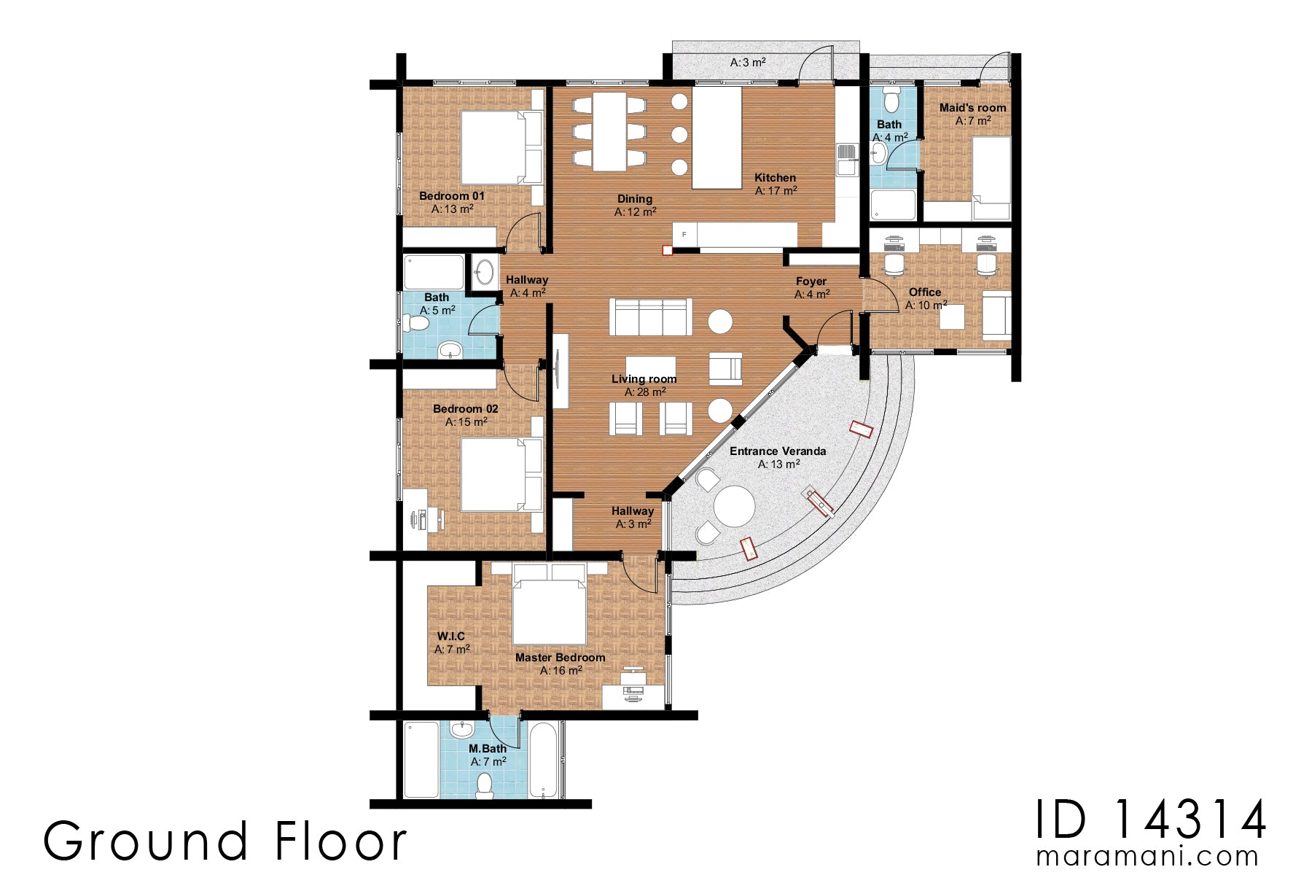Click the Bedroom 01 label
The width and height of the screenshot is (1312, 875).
pyautogui.click(x=452, y=195)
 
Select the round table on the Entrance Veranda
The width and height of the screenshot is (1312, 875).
pyautogui.click(x=734, y=506)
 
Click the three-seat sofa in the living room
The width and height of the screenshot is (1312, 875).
pyautogui.click(x=650, y=316)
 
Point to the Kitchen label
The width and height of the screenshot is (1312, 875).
pyautogui.click(x=775, y=177)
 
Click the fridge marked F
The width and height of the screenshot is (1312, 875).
pyautogui.click(x=684, y=235)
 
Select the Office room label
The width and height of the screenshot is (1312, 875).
pyautogui.click(x=924, y=292)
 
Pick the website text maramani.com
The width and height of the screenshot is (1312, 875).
pyautogui.click(x=1147, y=855)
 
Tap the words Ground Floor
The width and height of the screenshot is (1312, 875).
pyautogui.click(x=224, y=841)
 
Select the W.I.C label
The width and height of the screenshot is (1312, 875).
pyautogui.click(x=450, y=636)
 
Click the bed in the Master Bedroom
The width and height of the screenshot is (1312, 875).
pyautogui.click(x=550, y=610)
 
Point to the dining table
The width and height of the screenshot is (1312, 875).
pyautogui.click(x=609, y=132)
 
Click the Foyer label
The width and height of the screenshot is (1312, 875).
pyautogui.click(x=811, y=281)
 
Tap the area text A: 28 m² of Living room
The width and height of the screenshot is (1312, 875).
pyautogui.click(x=644, y=392)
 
